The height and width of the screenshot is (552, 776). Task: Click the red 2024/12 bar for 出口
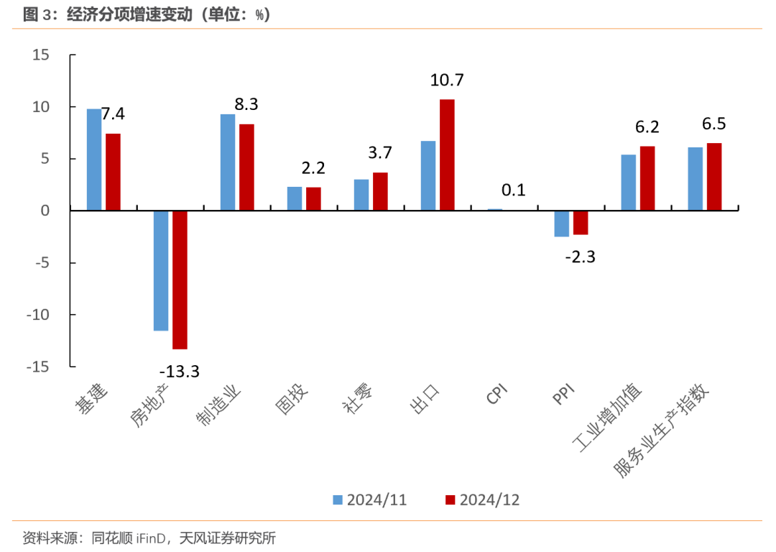tap(447, 155)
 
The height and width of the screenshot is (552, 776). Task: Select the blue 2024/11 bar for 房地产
tap(161, 270)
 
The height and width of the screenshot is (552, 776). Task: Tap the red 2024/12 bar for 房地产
tap(180, 280)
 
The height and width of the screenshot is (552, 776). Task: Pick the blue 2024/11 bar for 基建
tap(94, 160)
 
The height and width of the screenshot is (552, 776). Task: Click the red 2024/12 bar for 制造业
tap(246, 167)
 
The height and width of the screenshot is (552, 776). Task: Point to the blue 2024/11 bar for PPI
tap(562, 224)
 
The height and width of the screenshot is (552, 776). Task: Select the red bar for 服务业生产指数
tap(714, 177)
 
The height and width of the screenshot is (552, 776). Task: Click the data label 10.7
tap(447, 80)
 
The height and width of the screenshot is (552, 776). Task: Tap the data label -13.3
tap(179, 371)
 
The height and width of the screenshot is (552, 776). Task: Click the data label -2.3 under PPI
tap(581, 257)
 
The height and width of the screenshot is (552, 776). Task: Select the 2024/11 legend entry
tap(369, 500)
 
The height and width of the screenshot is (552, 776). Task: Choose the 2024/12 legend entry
tap(482, 500)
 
